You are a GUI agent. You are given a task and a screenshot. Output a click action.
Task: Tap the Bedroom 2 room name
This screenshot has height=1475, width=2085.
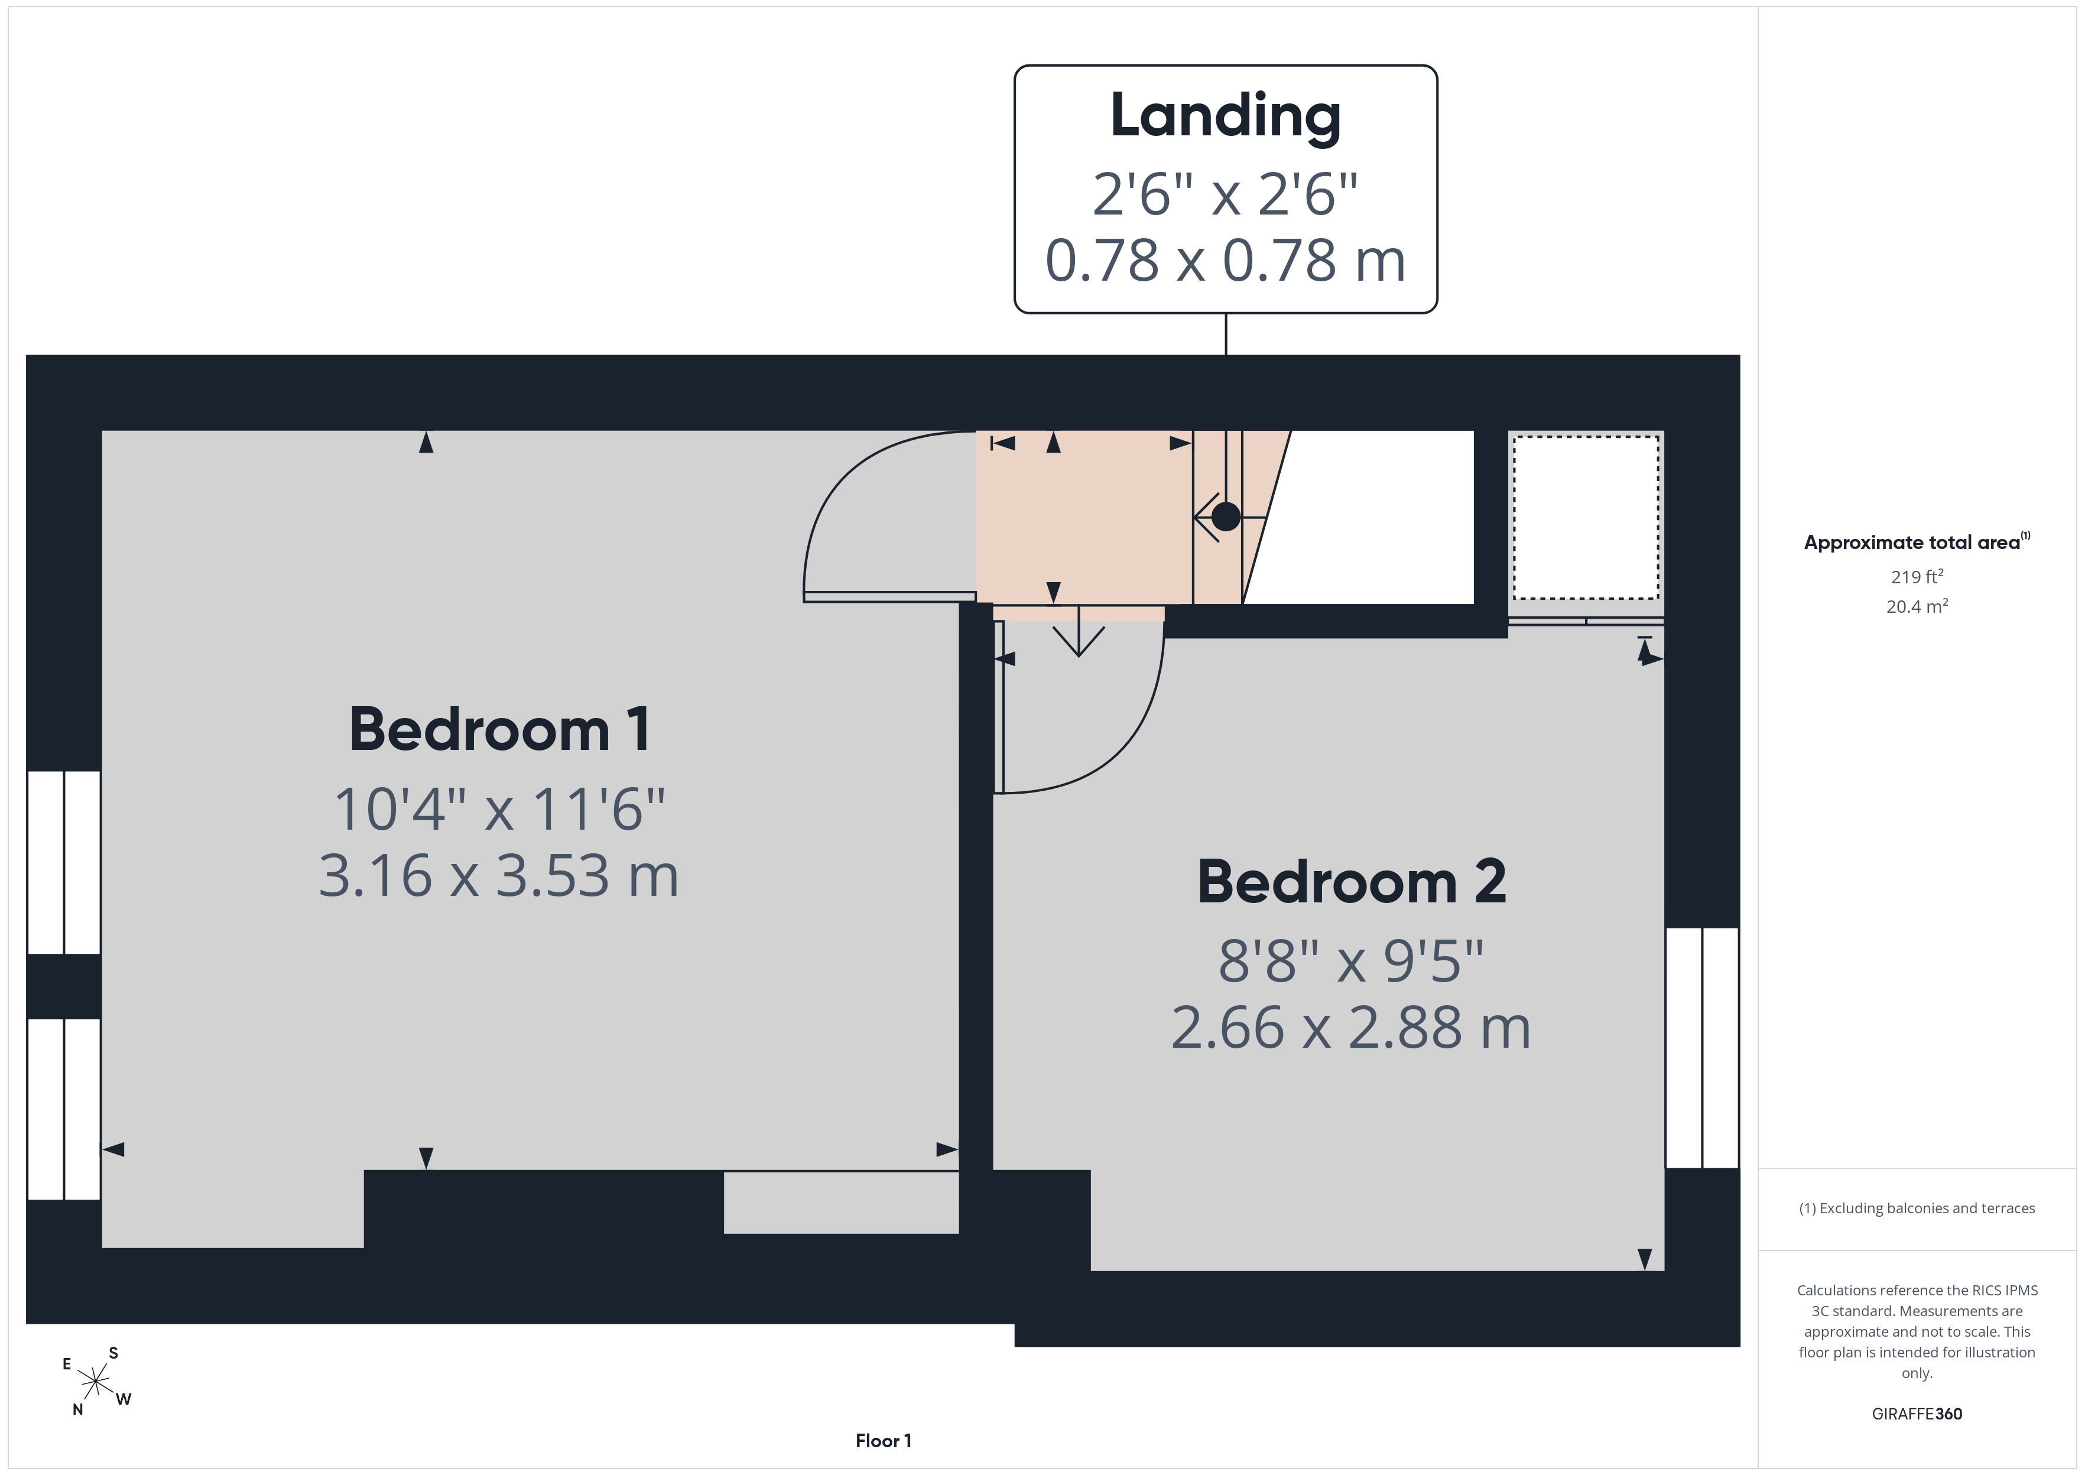coord(1352,882)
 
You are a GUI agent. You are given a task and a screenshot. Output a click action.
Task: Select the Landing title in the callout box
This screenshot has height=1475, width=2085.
coord(1226,117)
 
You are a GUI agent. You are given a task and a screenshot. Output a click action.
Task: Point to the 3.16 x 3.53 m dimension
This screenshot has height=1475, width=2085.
coord(499,876)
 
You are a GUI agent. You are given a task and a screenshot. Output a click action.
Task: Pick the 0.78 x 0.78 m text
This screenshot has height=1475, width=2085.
coord(1226,261)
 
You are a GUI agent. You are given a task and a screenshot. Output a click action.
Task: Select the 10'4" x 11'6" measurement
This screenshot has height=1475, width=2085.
coord(499,808)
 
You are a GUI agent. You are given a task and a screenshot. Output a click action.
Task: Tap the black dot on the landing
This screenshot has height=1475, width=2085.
coord(1226,517)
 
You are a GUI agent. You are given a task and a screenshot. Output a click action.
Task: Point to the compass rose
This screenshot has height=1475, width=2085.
coord(95,1382)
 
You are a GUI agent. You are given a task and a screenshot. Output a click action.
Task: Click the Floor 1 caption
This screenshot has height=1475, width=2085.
coord(883,1441)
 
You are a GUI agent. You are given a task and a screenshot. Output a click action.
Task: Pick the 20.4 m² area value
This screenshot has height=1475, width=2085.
coord(1917,606)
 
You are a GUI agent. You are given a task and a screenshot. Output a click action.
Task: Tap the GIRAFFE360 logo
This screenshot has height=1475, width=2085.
coord(1917,1414)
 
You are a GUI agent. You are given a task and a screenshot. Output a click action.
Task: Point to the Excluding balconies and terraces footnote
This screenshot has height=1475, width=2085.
coord(1917,1208)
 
